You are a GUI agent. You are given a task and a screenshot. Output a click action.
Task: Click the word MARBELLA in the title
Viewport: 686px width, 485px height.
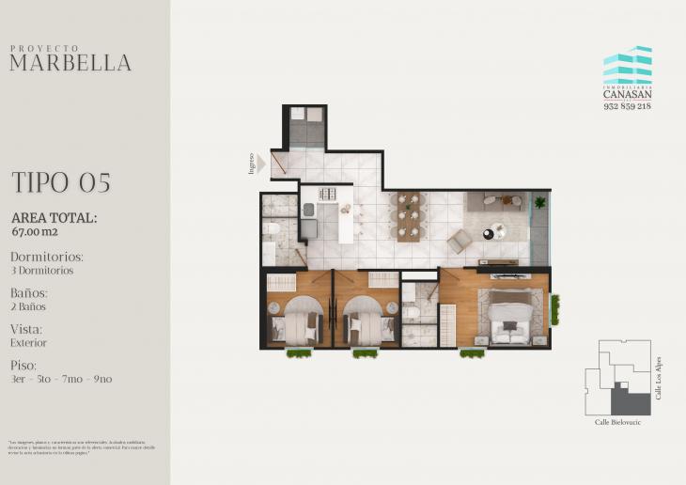pyautogui.click(x=70, y=64)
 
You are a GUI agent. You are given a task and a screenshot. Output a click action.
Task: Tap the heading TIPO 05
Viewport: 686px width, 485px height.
pyautogui.click(x=61, y=182)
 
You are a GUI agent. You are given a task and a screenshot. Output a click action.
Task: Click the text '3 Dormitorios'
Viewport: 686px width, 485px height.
pyautogui.click(x=41, y=271)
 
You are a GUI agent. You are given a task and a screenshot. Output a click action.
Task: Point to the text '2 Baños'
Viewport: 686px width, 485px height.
pyautogui.click(x=28, y=306)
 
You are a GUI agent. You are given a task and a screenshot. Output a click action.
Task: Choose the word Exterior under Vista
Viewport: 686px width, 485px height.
pyautogui.click(x=29, y=343)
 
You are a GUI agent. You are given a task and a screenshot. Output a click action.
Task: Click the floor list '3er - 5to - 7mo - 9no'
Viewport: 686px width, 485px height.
pyautogui.click(x=61, y=379)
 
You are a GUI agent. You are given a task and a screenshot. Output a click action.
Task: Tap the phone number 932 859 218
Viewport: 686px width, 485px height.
pyautogui.click(x=627, y=105)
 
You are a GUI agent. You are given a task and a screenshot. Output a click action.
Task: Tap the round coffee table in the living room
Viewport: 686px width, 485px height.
pyautogui.click(x=493, y=232)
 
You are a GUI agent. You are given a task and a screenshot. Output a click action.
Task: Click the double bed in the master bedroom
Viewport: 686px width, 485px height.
pyautogui.click(x=508, y=318)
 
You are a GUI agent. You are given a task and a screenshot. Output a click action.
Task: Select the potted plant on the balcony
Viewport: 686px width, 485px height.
pyautogui.click(x=539, y=200)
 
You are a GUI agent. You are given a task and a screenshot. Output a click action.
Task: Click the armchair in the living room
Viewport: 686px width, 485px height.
pyautogui.click(x=460, y=242)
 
